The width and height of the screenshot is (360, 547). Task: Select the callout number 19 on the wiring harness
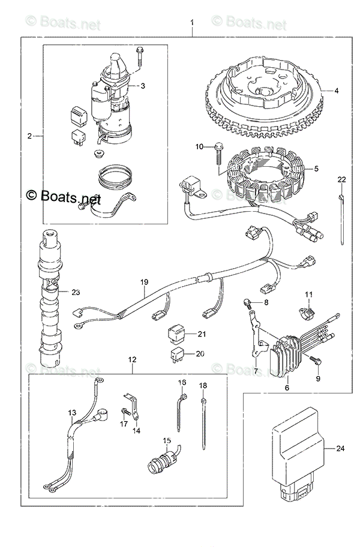point(144,282)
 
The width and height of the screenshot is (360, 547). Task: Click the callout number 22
point(341,180)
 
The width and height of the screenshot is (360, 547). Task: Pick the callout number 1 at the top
point(192,23)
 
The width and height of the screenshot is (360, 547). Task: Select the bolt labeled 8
point(247,305)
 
